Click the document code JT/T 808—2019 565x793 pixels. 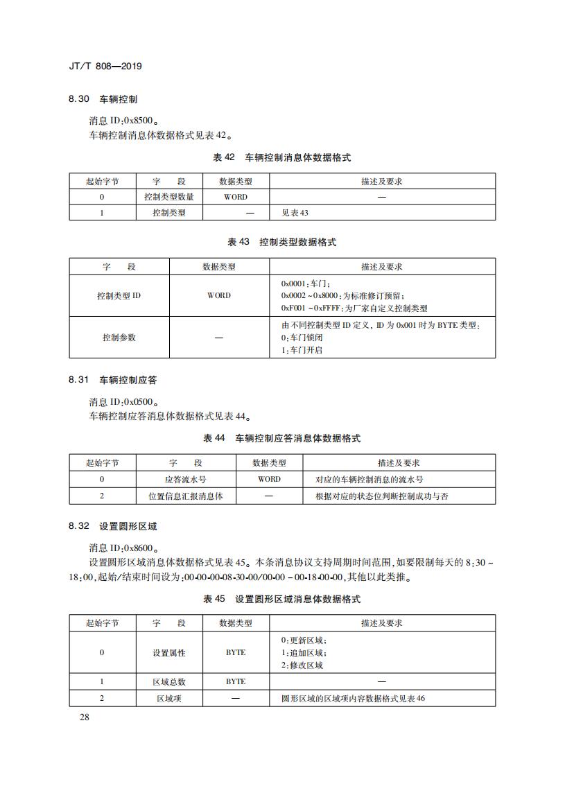105,67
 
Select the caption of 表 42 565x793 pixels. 282,158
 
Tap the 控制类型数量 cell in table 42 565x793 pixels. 169,197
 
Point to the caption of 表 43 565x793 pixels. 282,243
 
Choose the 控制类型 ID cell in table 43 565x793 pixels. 119,295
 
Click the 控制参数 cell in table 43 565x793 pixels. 119,338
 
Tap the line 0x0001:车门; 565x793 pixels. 306,284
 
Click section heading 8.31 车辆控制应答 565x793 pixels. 112,381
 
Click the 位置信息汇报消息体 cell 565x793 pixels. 185,496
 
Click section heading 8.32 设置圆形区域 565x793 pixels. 112,527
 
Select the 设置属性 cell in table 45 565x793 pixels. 169,652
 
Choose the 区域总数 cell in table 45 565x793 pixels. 169,681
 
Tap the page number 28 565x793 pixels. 85,717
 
